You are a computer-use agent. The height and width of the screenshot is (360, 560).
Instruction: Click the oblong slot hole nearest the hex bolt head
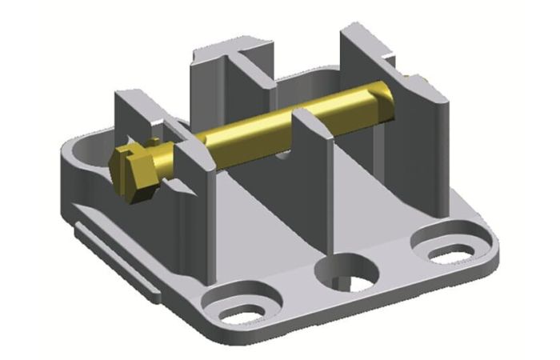240,308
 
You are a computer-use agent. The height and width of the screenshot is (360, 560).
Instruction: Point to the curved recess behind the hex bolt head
84,148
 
